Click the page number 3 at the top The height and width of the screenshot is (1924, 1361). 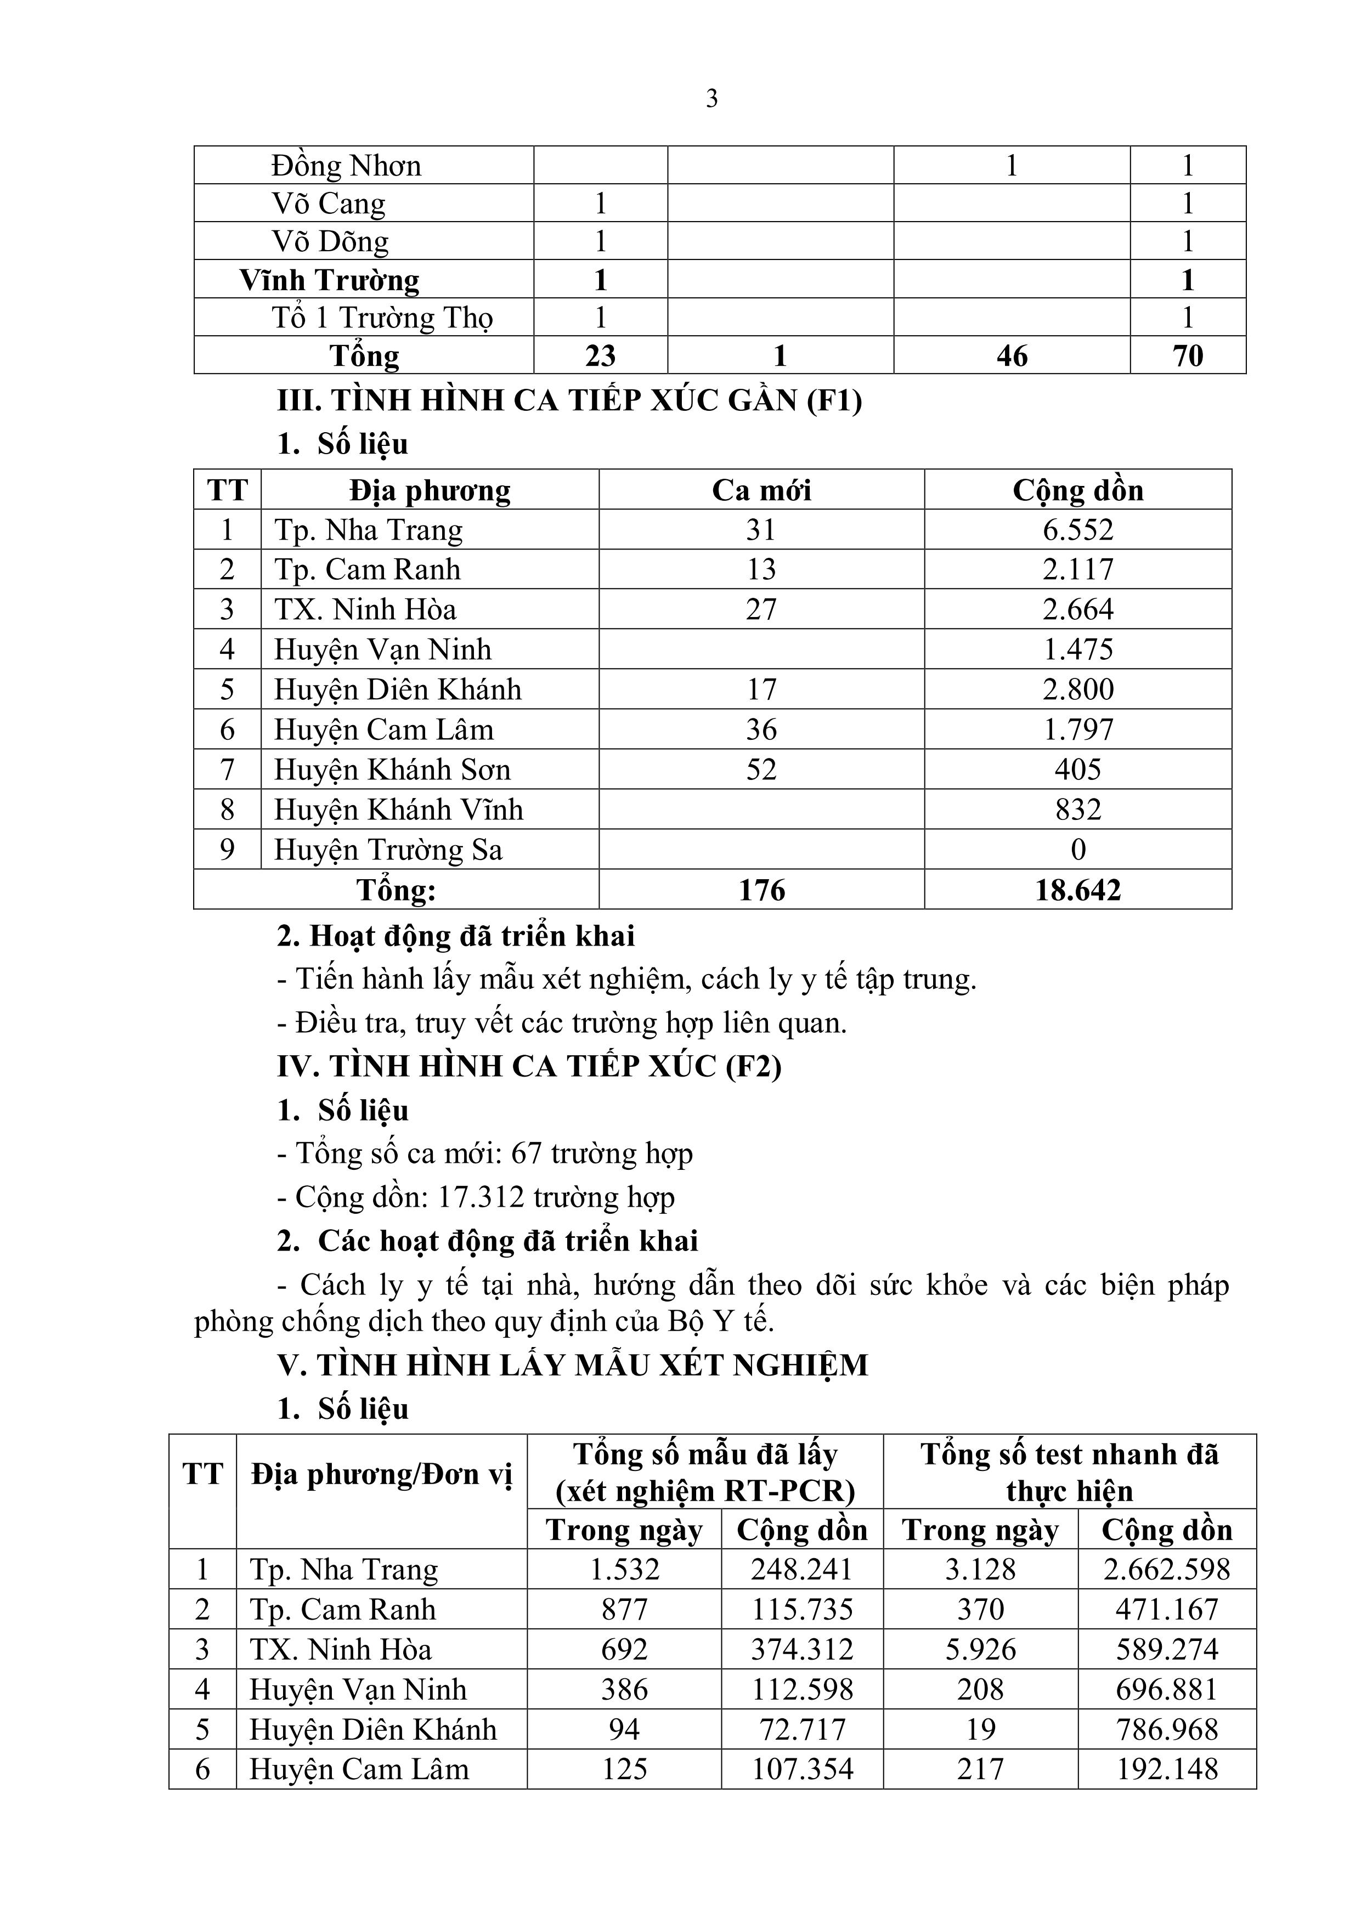click(711, 99)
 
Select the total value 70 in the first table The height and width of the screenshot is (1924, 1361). click(1188, 355)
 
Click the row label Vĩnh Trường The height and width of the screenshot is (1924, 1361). click(329, 280)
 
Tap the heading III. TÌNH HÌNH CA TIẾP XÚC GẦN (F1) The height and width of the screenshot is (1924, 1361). click(570, 400)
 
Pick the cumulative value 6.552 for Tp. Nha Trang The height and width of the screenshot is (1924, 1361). click(1078, 530)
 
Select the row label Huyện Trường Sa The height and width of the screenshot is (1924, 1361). click(388, 850)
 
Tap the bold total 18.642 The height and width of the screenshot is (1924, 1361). click(1078, 890)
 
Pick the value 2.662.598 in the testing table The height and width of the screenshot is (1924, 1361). click(1167, 1570)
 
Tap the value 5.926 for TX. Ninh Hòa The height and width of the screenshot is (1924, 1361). click(980, 1650)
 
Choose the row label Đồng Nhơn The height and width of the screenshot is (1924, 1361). click(345, 166)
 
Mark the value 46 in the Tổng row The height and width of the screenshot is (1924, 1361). click(1012, 355)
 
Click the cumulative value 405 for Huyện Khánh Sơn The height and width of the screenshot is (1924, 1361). click(1078, 769)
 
